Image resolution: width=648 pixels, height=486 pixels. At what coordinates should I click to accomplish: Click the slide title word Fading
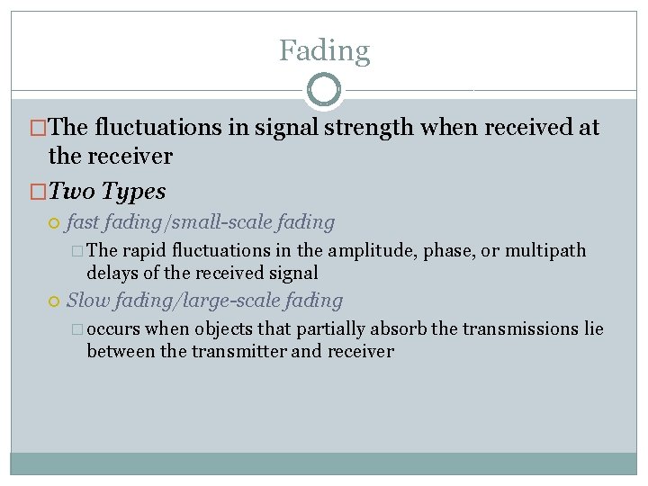pos(324,50)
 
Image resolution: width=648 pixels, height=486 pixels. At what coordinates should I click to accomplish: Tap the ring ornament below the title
pos(324,90)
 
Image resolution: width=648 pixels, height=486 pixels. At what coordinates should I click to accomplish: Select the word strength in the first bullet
pos(370,129)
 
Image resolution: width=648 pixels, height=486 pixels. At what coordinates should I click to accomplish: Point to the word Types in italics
pos(135,192)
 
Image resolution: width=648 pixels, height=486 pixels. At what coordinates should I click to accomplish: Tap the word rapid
pos(142,251)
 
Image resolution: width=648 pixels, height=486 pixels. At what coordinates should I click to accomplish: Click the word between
pos(121,351)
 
